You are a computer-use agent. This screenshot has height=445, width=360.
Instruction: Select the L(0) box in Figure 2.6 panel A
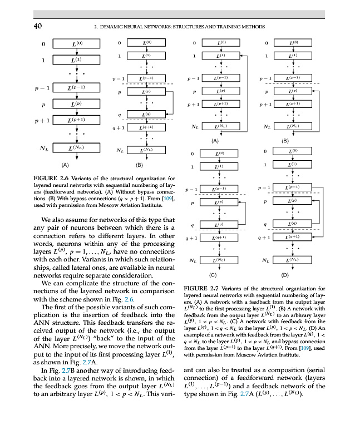tap(76, 43)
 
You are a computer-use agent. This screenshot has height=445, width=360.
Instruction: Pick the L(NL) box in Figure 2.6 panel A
tap(76, 149)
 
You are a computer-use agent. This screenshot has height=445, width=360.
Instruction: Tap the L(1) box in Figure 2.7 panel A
tap(221, 56)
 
